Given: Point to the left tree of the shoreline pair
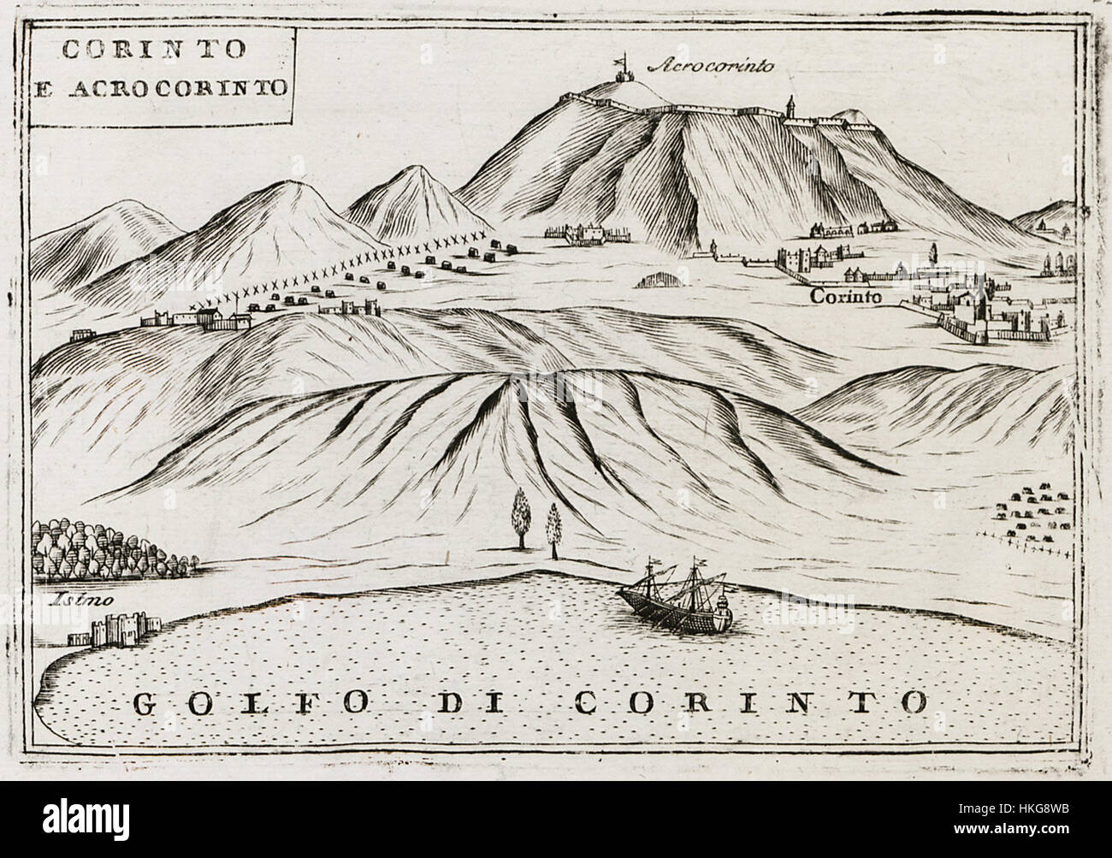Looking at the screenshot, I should (x=518, y=517).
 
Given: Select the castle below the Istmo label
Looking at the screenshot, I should (x=102, y=629).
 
